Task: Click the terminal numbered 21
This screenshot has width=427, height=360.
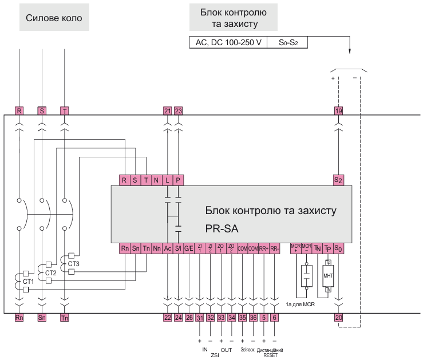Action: (167, 110)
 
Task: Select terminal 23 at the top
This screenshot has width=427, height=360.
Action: (178, 110)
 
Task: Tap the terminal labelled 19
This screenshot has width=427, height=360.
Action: (338, 110)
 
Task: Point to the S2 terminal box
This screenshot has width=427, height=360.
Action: (338, 179)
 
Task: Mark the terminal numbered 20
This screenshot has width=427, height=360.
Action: (338, 317)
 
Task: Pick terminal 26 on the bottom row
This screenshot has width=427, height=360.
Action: (189, 317)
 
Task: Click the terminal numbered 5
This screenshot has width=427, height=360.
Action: (264, 317)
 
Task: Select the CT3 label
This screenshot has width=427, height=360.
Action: (74, 264)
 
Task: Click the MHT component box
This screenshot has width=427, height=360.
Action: (328, 275)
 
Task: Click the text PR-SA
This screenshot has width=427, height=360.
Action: (221, 229)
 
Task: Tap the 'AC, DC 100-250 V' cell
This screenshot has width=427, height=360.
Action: (227, 42)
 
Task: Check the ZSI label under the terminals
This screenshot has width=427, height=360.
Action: (215, 355)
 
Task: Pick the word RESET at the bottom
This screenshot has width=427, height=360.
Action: (270, 355)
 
